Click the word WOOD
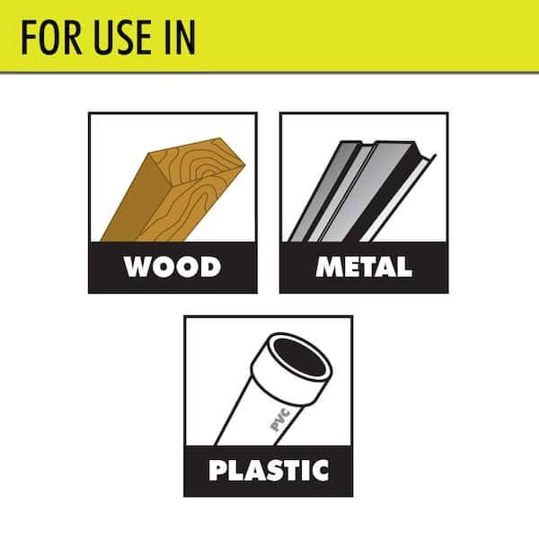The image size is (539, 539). pos(172,267)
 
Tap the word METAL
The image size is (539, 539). pos(364,267)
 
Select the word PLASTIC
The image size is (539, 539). pos(268,470)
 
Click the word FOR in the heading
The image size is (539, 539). pos(48,37)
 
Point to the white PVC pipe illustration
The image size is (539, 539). pos(261,404)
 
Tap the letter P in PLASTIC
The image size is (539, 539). pos(217,470)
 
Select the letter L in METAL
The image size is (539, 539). pos(403,267)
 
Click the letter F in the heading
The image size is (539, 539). pos(28,37)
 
